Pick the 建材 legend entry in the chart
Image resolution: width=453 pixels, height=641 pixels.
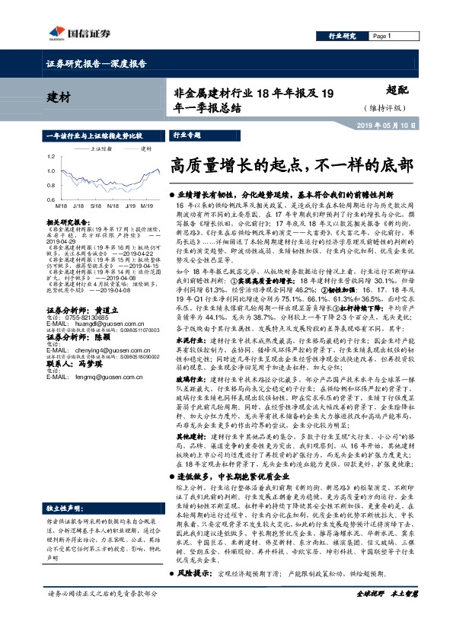tap(142, 148)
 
